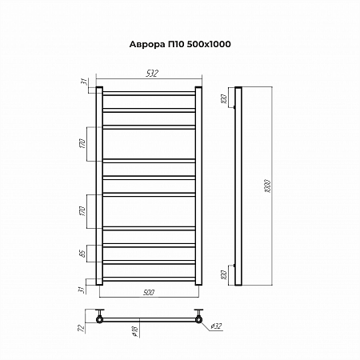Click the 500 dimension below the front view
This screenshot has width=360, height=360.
pyautogui.click(x=148, y=294)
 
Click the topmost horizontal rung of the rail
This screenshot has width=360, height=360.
pyautogui.click(x=148, y=95)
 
